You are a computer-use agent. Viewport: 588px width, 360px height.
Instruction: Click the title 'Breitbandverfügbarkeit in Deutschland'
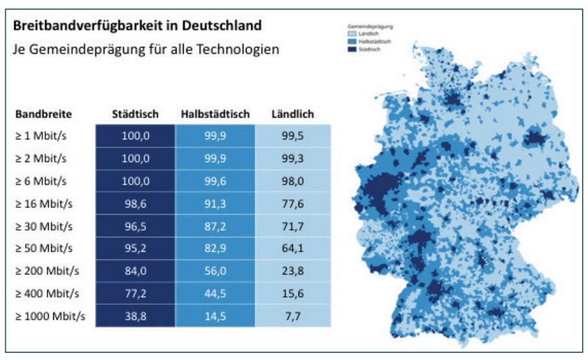[138, 26]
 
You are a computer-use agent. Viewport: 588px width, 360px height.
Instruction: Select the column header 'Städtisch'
[135, 114]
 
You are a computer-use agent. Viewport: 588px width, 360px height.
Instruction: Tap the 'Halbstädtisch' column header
[215, 114]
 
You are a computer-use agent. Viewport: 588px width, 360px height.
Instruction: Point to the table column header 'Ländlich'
[293, 114]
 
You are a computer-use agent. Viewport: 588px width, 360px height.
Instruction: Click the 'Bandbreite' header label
[43, 114]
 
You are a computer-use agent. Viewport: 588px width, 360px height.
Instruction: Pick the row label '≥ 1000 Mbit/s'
[50, 317]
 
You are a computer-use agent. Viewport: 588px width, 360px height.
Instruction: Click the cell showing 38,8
[135, 317]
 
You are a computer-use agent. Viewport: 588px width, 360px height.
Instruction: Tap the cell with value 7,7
[293, 317]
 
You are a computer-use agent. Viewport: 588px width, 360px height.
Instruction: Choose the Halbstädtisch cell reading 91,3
[215, 204]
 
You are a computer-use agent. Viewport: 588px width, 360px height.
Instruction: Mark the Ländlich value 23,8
[293, 272]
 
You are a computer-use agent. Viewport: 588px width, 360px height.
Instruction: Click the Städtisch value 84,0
[135, 272]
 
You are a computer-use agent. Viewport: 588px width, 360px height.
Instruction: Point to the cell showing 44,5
[215, 294]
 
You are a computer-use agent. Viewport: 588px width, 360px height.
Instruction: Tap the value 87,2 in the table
[215, 226]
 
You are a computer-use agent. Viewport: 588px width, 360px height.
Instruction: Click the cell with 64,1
[293, 248]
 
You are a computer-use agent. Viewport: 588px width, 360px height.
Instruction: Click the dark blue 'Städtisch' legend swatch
[351, 49]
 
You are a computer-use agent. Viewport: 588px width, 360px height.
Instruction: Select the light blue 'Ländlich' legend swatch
[351, 33]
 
